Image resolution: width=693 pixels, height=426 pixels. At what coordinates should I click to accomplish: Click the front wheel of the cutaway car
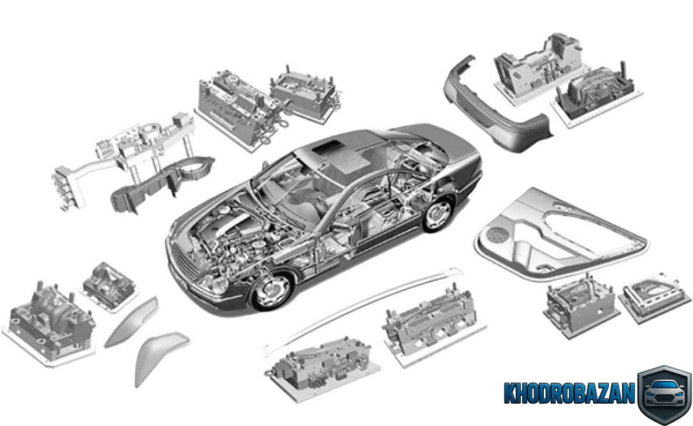272,290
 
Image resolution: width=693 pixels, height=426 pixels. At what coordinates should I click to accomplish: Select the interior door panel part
560,235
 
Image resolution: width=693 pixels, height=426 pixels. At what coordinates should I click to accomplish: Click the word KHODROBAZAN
569,392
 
